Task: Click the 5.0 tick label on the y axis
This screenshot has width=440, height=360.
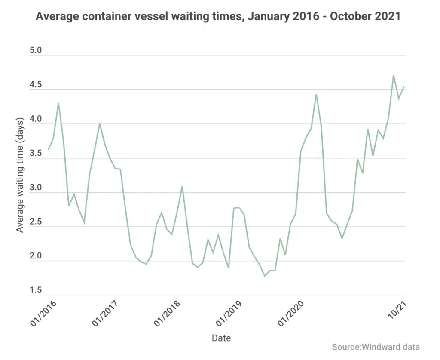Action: (36, 50)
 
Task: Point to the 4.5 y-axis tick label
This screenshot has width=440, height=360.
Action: (36, 85)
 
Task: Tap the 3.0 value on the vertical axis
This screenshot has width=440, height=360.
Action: (36, 187)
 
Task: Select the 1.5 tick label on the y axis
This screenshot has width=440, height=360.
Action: (36, 290)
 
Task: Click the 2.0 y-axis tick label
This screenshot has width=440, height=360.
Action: (36, 256)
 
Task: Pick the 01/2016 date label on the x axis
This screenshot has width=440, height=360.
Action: (43, 314)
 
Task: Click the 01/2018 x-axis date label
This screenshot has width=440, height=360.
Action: (167, 314)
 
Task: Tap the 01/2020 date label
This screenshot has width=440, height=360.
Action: (291, 314)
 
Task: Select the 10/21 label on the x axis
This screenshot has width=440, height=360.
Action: (397, 310)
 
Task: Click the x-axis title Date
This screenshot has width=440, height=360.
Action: (221, 338)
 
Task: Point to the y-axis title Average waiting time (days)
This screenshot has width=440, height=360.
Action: (20, 175)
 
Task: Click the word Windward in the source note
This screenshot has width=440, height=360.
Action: (381, 347)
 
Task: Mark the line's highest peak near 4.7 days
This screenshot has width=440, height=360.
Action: (394, 75)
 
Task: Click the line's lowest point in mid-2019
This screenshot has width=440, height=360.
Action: (265, 276)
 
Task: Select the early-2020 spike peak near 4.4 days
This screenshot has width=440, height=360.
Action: (316, 94)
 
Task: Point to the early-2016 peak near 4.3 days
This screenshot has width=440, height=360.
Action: (58, 103)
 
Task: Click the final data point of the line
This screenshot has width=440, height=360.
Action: (404, 87)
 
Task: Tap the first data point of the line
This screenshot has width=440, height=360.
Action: (48, 149)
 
